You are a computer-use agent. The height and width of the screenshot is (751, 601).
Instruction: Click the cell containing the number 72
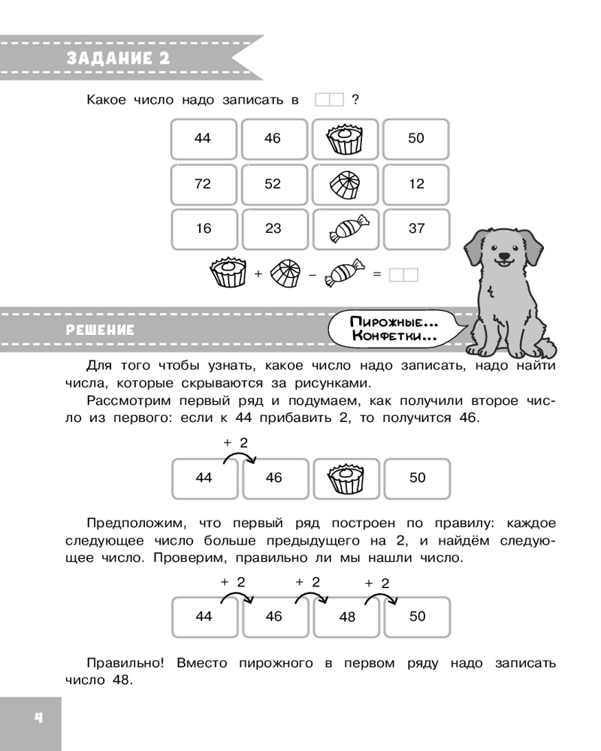coord(203,184)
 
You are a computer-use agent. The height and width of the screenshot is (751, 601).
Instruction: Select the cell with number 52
coord(273,184)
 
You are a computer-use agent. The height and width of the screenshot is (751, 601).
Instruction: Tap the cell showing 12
coord(416,184)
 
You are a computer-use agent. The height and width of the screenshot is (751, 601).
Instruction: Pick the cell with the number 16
coord(203,229)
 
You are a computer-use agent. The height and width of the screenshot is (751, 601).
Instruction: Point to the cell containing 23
coord(273,229)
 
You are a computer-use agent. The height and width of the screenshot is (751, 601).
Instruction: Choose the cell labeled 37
coord(416,229)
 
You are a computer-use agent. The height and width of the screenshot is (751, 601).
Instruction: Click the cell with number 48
coord(346,617)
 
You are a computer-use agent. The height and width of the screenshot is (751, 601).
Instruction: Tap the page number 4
coord(30,719)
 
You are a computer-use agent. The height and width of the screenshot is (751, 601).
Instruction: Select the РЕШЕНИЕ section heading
coord(101,330)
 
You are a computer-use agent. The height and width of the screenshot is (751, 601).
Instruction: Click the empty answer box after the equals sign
coord(404,276)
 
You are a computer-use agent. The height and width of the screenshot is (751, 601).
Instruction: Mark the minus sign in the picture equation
coord(310,276)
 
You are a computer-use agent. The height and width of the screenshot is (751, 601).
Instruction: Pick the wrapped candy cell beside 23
coord(346,229)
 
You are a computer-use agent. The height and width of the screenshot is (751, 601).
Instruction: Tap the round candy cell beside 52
coord(346,184)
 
